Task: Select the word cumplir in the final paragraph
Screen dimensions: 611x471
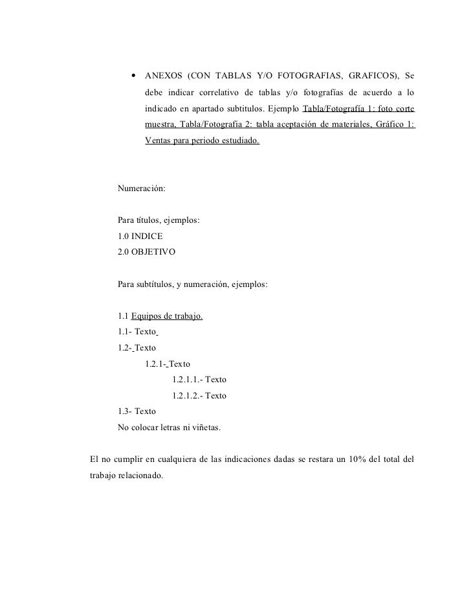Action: point(127,460)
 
